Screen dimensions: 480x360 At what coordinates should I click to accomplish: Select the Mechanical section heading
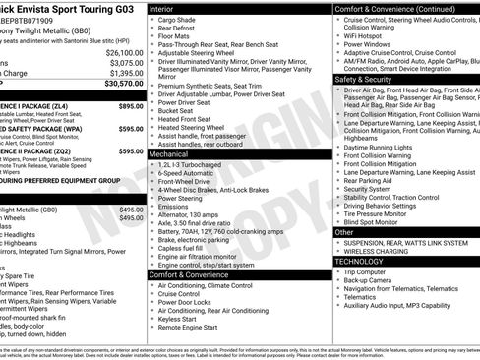click(169, 154)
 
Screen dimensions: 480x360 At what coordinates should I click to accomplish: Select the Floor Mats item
click(173, 36)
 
